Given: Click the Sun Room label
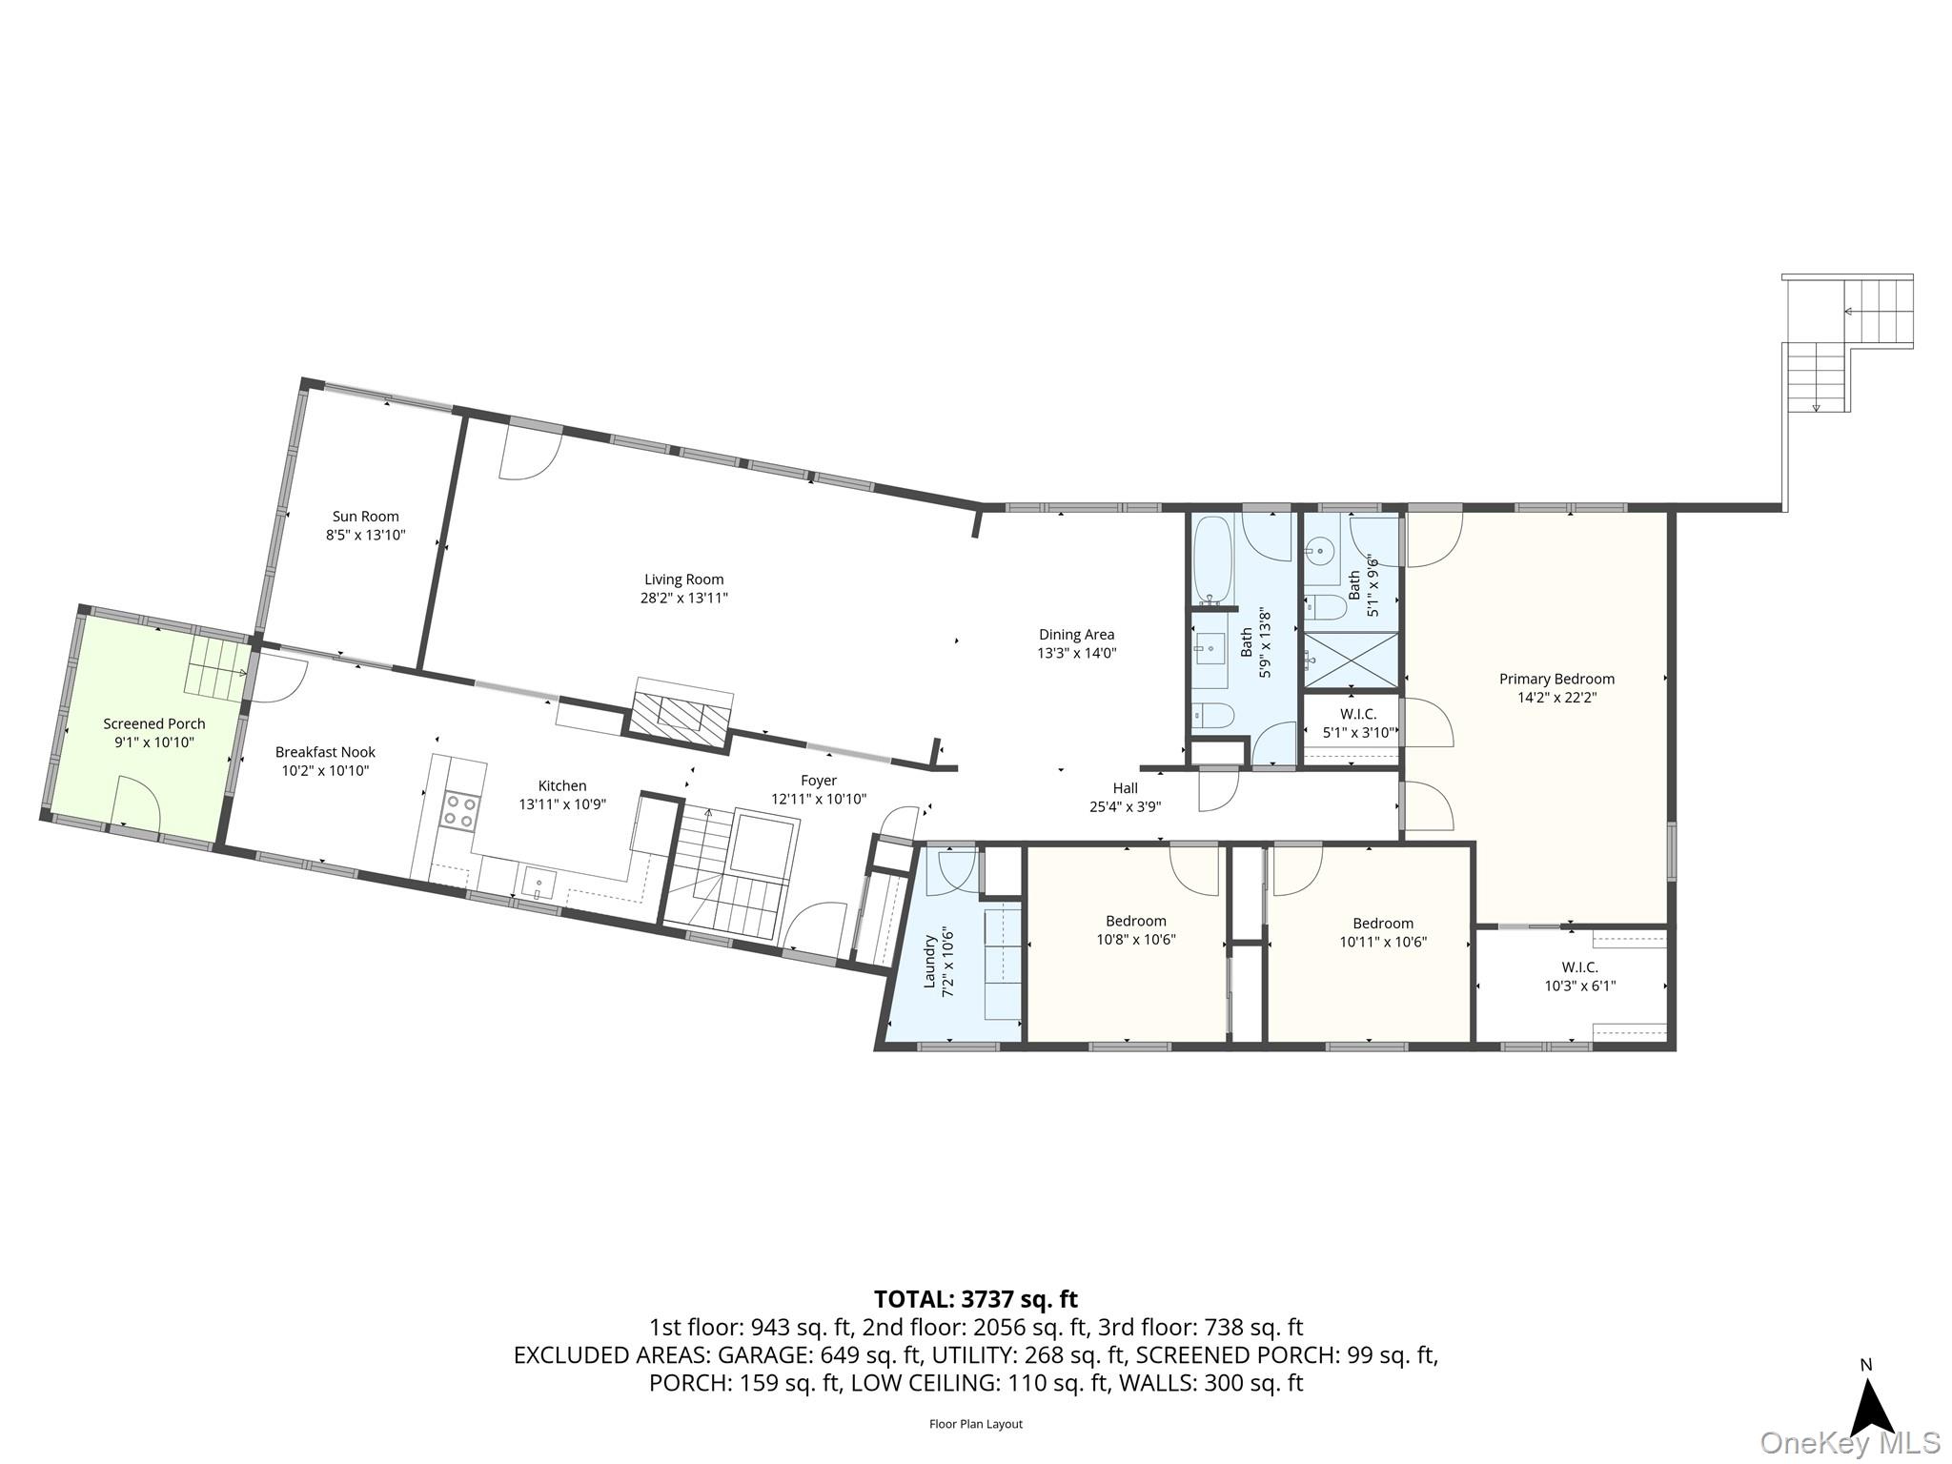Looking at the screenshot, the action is point(366,517).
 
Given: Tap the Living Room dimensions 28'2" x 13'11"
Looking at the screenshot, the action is point(684,599).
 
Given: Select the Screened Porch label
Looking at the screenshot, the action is point(154,724).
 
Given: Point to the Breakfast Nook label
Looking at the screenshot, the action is point(326,752).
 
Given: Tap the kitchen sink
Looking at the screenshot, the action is point(539,884).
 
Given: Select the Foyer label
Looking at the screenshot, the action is point(819,781).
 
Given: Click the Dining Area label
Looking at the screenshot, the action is point(1077,635).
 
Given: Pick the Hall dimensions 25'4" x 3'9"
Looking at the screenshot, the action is point(1126,807).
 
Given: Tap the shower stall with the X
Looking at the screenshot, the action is point(1351,660).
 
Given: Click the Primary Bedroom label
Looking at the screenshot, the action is point(1557,680).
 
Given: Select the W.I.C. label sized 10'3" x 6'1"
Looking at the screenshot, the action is point(1580,967).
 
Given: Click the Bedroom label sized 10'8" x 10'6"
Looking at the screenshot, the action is point(1136,921).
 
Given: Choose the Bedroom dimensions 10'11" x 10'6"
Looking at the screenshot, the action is point(1383,942).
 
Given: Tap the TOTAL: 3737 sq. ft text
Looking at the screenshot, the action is point(976,1299).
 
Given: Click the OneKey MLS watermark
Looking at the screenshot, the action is point(1850,1443).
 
